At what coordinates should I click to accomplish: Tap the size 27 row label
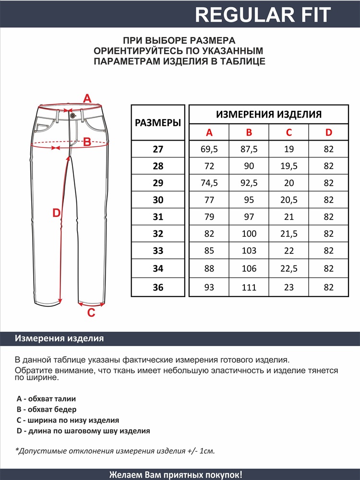(x=158, y=149)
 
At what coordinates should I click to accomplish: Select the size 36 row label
(x=158, y=288)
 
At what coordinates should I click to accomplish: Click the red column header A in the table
(x=209, y=132)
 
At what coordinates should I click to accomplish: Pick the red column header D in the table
(x=328, y=132)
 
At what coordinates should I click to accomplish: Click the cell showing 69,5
(x=209, y=149)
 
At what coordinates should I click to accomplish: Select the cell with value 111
(x=249, y=288)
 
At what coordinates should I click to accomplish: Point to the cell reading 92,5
(x=249, y=183)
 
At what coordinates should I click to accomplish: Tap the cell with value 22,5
(x=288, y=269)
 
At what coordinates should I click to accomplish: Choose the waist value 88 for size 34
(x=209, y=269)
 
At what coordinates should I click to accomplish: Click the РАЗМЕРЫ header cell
(x=158, y=123)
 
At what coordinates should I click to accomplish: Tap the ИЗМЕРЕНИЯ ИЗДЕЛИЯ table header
(x=269, y=114)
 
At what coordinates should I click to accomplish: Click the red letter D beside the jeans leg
(x=56, y=213)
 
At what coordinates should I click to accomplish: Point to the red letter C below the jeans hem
(x=91, y=313)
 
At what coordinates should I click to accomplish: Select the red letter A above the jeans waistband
(x=87, y=99)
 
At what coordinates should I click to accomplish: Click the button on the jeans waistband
(x=72, y=115)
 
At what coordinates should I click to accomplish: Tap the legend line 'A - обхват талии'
(x=46, y=398)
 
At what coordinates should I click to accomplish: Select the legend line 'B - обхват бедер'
(x=46, y=409)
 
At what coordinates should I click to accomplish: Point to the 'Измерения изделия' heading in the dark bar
(x=60, y=338)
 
